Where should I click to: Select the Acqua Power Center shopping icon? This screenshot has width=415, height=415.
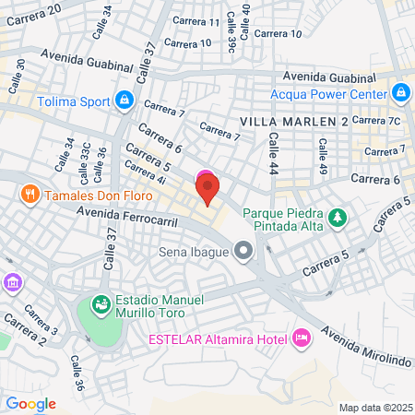pos(400,93)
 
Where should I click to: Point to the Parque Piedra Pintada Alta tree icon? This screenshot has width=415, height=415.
pos(339,216)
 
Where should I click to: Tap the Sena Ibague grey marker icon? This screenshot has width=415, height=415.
pos(243,250)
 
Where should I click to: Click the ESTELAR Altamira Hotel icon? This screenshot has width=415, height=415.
pos(301,338)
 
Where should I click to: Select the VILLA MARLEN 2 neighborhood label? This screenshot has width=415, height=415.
pos(293,122)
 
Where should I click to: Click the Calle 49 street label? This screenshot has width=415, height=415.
pos(322,149)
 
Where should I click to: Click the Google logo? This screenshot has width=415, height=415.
pos(30,404)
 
